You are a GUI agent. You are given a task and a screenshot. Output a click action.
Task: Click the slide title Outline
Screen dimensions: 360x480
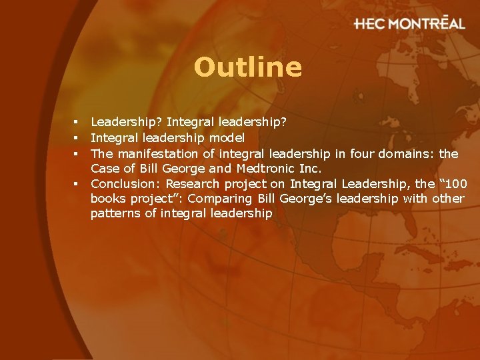tap(248, 67)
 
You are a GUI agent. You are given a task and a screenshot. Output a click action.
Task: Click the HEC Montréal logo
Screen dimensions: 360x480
tap(409, 23)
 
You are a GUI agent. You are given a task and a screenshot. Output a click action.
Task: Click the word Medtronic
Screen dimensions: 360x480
tap(256, 169)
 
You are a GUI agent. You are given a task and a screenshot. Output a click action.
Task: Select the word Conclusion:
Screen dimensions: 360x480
tap(126, 183)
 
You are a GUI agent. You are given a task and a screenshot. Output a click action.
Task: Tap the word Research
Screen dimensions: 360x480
tap(192, 183)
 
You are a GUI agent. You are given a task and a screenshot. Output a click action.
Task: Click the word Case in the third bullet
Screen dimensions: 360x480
tap(103, 169)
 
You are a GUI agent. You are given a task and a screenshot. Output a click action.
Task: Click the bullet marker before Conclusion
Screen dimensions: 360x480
tap(77, 183)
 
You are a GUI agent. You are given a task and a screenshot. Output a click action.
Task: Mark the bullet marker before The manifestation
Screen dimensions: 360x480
tap(77, 154)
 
